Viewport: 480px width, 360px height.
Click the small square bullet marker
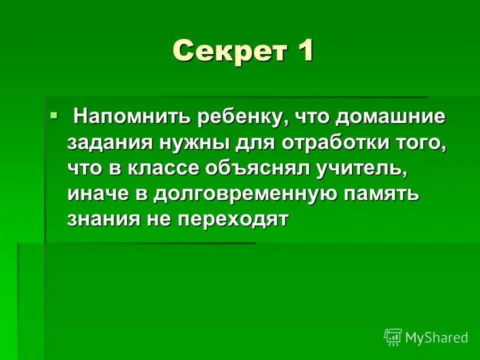54,116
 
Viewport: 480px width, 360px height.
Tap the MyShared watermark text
436,337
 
